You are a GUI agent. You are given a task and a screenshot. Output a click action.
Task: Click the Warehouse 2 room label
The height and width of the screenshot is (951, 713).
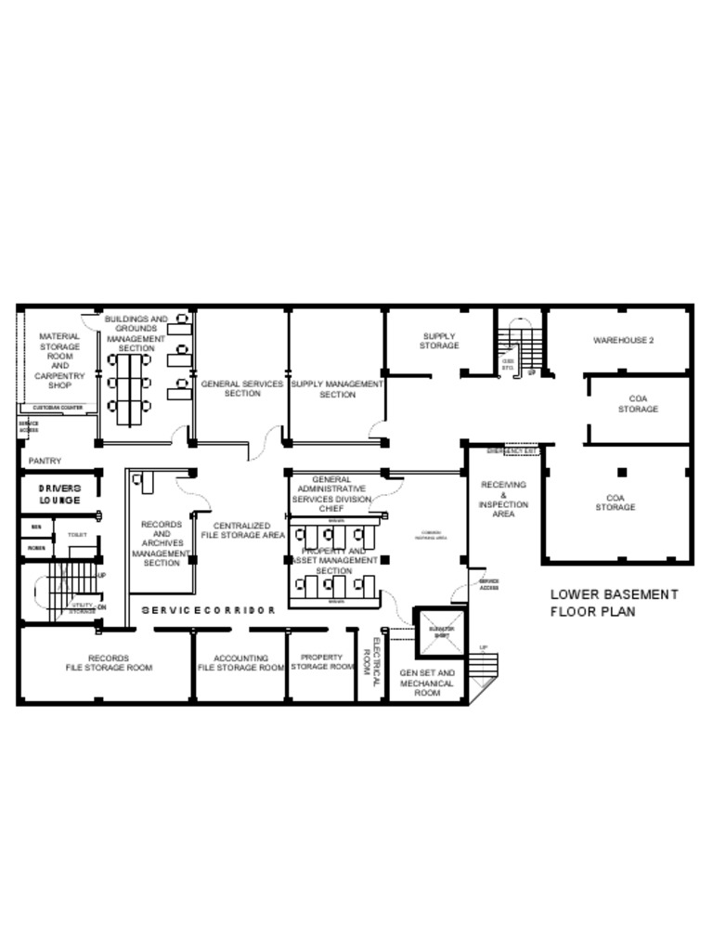point(624,341)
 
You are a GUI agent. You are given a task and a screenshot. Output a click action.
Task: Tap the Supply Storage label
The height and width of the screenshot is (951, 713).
point(439,341)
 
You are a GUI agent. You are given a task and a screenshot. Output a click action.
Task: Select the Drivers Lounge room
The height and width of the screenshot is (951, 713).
point(59,494)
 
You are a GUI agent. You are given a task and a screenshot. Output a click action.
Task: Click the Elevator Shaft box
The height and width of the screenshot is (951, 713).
point(440,632)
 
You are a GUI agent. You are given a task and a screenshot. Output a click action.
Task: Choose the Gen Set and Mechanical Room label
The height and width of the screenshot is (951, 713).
point(427,683)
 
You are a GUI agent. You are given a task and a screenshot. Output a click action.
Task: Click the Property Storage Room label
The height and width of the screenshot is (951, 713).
point(322,662)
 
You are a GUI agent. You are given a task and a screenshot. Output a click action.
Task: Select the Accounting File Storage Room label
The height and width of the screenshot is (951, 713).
point(240,663)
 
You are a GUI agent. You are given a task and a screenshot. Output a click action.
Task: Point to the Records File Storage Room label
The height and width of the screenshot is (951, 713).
point(109,663)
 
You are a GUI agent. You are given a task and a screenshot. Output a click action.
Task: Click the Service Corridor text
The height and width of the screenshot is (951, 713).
point(209,610)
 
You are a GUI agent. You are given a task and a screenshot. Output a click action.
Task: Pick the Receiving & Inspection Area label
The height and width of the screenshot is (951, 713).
point(504,500)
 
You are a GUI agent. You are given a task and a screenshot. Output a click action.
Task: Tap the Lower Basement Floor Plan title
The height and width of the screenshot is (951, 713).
point(614,603)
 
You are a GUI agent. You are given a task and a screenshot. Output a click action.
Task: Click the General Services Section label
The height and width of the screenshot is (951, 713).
point(242,388)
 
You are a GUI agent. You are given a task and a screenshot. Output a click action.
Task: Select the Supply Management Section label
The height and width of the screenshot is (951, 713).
point(337,389)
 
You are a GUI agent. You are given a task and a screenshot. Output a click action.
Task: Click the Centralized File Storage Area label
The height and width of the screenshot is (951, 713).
point(243,530)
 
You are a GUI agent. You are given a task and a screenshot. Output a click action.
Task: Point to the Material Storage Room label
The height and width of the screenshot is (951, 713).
point(59,360)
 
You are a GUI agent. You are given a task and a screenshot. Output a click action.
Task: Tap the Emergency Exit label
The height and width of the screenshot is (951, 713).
point(512,452)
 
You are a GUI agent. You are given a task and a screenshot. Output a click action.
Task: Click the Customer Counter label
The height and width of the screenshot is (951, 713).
point(58,409)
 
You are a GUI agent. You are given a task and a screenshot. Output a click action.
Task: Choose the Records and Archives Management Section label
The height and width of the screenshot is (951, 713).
point(162,543)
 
